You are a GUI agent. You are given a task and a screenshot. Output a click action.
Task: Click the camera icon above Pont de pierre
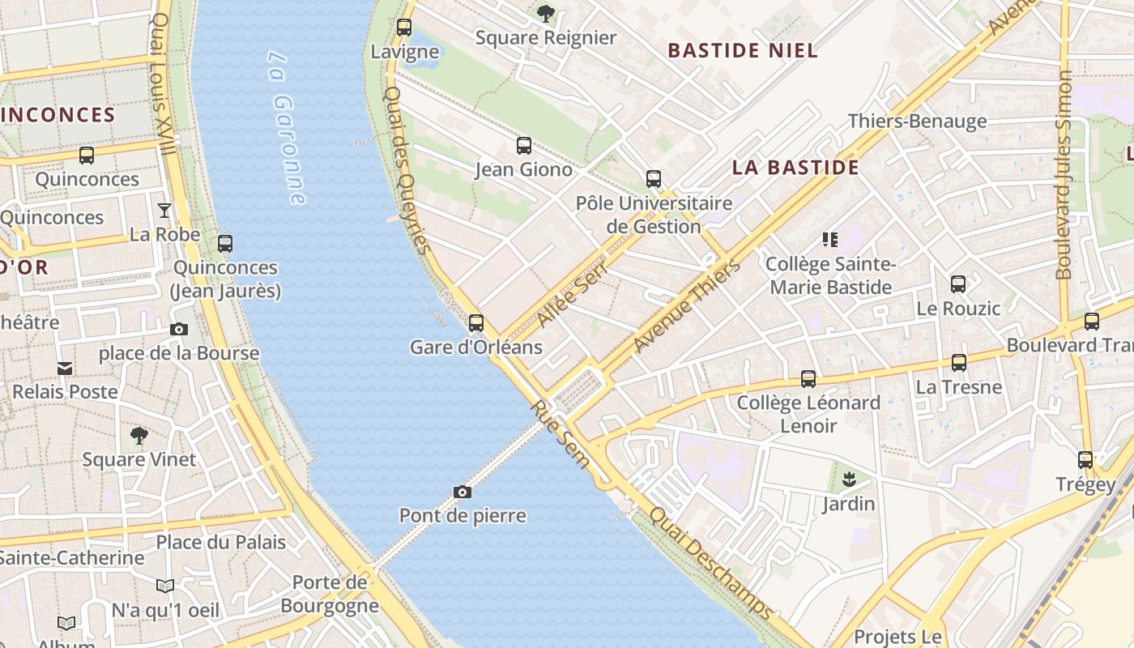(463, 492)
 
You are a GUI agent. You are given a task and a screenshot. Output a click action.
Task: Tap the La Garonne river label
(288, 128)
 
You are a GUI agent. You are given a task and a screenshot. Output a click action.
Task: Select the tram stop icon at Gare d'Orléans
(476, 323)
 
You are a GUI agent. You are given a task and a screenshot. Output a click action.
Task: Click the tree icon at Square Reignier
(546, 13)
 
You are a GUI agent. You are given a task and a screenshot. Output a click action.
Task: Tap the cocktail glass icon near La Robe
(164, 211)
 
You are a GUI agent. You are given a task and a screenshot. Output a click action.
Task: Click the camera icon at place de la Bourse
(179, 329)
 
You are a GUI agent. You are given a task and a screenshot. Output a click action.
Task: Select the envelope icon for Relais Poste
(65, 369)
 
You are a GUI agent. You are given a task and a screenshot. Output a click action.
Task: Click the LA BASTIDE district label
(795, 168)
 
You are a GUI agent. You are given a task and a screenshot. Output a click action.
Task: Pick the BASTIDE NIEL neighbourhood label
(743, 50)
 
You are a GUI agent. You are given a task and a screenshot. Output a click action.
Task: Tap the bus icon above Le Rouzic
(958, 284)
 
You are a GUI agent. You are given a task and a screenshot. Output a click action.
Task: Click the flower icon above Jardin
(849, 480)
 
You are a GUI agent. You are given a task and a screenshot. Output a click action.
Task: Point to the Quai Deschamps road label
(711, 564)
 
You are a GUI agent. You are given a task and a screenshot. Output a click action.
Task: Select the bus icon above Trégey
(1085, 460)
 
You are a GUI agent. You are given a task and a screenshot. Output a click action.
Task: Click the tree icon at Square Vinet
(139, 436)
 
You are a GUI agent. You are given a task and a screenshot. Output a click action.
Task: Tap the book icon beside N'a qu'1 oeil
(165, 586)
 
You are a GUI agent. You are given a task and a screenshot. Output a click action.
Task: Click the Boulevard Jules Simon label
(1064, 174)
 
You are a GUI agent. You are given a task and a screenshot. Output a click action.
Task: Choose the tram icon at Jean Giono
(524, 146)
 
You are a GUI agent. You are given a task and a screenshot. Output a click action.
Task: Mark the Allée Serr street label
(573, 296)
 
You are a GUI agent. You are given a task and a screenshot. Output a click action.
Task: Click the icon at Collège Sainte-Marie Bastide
(830, 239)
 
